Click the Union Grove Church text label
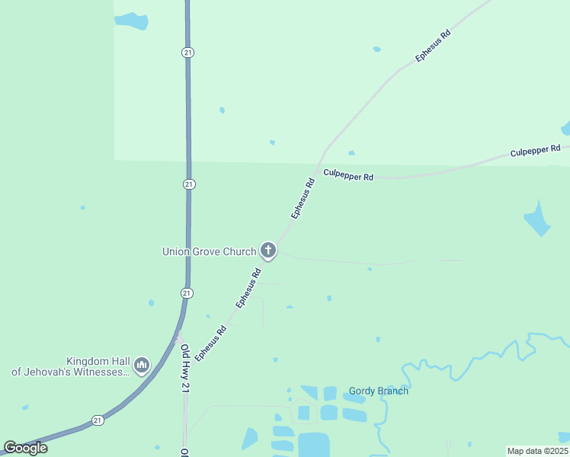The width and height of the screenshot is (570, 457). point(209,251)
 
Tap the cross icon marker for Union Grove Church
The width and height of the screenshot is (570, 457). point(267,250)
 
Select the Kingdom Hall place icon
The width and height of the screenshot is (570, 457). point(141,366)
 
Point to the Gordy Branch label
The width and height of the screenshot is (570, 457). point(379,391)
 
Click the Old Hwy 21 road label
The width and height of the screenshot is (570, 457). point(184,369)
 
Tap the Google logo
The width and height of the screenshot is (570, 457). point(25,448)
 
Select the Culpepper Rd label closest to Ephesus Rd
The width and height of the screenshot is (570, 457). point(348,175)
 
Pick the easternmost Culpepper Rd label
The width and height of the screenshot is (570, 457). point(535,151)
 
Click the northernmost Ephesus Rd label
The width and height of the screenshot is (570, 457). point(433,46)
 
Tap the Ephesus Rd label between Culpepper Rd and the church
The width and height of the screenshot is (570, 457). point(303,199)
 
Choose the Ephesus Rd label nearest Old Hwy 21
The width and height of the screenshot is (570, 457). point(210,344)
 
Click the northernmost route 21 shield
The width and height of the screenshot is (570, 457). point(187,52)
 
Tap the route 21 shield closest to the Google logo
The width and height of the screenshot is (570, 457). point(98,420)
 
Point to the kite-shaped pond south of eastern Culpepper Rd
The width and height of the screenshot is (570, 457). point(537,219)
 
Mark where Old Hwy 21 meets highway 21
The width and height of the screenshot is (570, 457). point(180,336)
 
